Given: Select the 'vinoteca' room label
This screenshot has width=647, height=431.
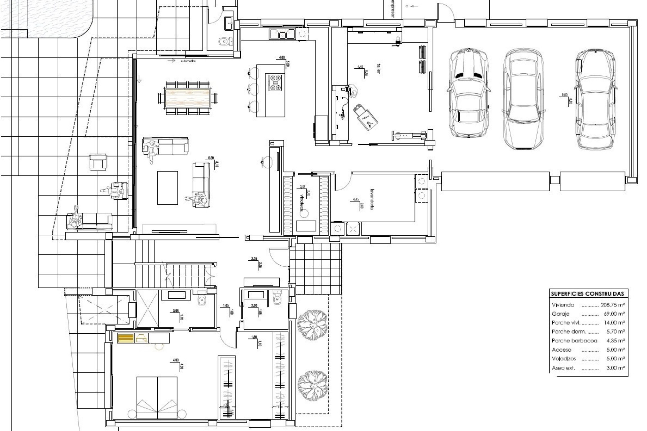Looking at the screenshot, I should click(x=302, y=201).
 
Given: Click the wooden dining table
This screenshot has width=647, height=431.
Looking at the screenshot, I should click(x=188, y=98).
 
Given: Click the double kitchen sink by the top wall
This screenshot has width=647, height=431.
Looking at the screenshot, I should click(x=282, y=34).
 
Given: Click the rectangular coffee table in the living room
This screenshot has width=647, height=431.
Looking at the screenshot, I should click(x=167, y=188).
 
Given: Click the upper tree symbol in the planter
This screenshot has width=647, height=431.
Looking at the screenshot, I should click(x=312, y=321).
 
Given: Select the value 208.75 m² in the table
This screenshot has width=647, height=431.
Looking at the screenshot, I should click(x=613, y=305).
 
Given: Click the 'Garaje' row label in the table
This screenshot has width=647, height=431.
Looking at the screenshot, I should click(x=561, y=314).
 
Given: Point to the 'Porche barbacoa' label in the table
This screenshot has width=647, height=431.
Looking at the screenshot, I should click(x=574, y=341).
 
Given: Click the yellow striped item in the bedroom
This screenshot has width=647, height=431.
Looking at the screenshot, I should click(x=126, y=338).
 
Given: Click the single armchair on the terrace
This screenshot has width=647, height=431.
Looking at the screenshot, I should click(x=98, y=162).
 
